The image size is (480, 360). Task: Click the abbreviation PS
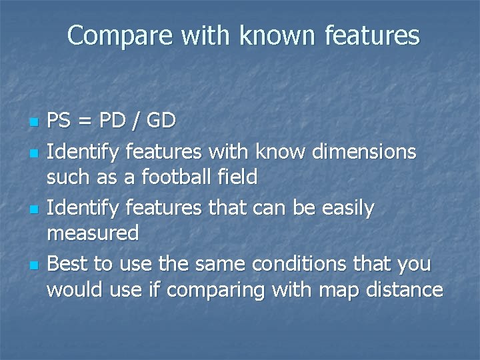[x=59, y=121]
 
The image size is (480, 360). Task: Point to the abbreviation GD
[x=160, y=121]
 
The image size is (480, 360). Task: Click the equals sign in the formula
[x=85, y=121]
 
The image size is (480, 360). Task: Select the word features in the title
[x=373, y=35]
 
